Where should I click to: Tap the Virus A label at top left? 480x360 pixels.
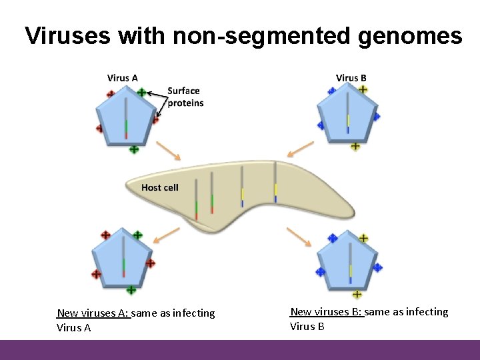pyautogui.click(x=123, y=78)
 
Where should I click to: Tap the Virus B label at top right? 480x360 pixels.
pyautogui.click(x=351, y=78)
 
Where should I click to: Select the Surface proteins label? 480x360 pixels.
pyautogui.click(x=185, y=97)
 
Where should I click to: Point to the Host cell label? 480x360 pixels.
pyautogui.click(x=160, y=187)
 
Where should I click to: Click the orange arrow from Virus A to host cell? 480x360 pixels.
pyautogui.click(x=169, y=151)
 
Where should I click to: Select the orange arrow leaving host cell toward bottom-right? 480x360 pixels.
pyautogui.click(x=299, y=236)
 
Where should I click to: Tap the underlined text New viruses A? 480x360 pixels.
pyautogui.click(x=93, y=313)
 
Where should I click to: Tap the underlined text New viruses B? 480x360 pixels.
pyautogui.click(x=327, y=311)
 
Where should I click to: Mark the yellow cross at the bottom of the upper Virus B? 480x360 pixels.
pyautogui.click(x=355, y=146)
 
